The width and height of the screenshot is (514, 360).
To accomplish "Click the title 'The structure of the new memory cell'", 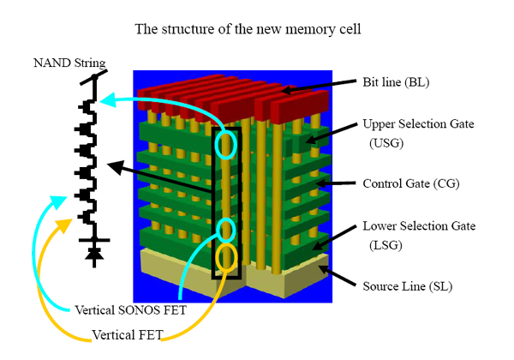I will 256,28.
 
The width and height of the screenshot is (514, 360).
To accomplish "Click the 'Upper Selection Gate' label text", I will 417,124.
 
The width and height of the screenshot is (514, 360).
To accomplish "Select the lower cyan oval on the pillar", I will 226,230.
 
